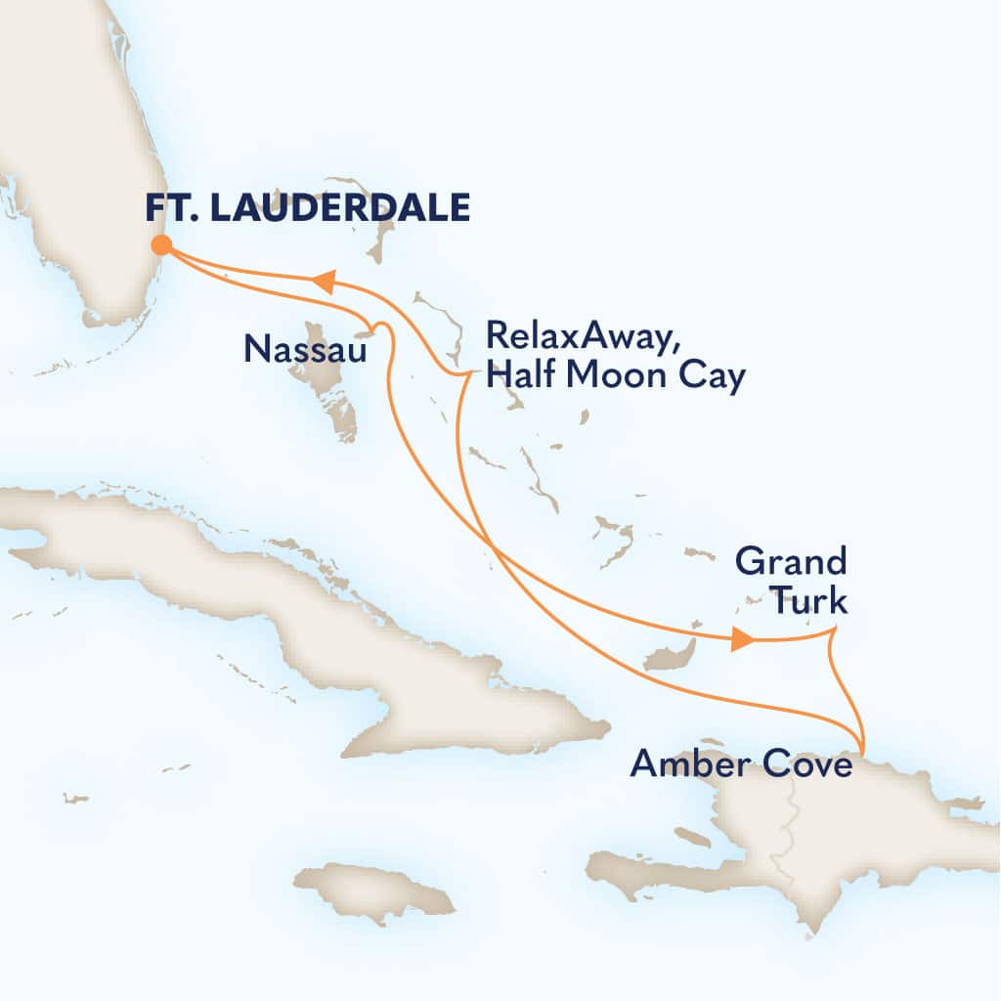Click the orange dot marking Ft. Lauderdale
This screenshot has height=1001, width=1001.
click(160, 245)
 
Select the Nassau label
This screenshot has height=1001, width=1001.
click(305, 348)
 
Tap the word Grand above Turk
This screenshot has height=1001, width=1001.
click(790, 563)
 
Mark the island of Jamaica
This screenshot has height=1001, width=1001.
click(386, 890)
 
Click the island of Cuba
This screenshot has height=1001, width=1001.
click(293, 606)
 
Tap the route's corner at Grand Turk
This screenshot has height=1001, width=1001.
click(832, 632)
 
